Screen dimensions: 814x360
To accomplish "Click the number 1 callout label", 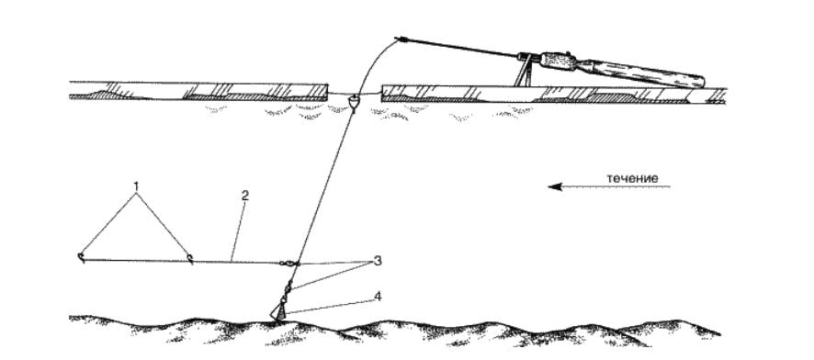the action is tap(137, 186).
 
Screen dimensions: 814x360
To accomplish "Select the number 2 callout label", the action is tap(245, 196).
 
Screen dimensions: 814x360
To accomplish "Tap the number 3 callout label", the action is tap(378, 261).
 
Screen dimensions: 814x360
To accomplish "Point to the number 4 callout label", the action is tap(378, 297).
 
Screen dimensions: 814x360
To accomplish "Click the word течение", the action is tap(632, 178).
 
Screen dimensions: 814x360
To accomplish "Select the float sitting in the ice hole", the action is tap(354, 102).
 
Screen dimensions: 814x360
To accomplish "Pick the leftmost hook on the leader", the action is tap(81, 258).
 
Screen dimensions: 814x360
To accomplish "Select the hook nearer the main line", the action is tap(190, 258).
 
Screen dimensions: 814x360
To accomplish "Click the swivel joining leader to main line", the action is tap(289, 264).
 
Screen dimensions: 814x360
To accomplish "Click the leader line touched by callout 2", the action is tap(182, 261).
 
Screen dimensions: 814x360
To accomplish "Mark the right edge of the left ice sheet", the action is tap(327, 90).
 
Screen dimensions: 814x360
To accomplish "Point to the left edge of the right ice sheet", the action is tap(383, 93).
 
